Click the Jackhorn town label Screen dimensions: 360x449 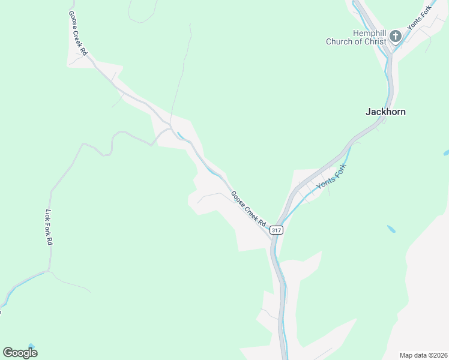[385, 112]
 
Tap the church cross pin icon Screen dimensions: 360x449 [396, 37]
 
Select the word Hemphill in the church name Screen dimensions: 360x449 [369, 33]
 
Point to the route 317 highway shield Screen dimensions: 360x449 [276, 230]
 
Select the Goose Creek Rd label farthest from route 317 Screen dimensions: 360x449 [78, 34]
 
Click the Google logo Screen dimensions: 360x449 [20, 353]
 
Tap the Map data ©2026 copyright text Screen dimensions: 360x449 [423, 355]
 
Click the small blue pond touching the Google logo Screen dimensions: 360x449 [31, 346]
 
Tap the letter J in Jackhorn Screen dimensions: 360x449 [368, 112]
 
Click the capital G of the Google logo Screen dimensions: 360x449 [8, 353]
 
